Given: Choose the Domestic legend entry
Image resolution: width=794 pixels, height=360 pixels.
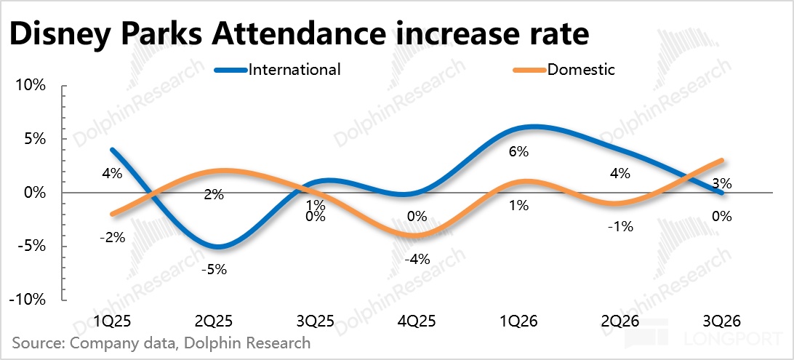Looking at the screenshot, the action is (x=564, y=69).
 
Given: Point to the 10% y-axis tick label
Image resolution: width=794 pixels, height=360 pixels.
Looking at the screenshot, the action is (x=33, y=85).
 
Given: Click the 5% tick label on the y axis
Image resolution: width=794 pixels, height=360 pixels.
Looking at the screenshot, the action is (x=36, y=139).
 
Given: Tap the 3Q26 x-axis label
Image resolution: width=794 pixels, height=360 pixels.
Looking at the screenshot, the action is (x=722, y=321).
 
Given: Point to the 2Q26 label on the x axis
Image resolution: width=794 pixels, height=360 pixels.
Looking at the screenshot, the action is (x=620, y=321).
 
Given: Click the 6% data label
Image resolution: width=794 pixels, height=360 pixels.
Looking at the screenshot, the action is (x=518, y=151).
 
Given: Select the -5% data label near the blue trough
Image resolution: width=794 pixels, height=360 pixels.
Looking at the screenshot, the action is (x=214, y=270).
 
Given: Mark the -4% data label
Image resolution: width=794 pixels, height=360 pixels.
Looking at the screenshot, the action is (x=417, y=260).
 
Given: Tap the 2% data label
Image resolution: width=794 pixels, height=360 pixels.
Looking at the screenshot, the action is (x=214, y=195).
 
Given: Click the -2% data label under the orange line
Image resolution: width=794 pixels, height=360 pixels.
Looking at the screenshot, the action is (x=112, y=237).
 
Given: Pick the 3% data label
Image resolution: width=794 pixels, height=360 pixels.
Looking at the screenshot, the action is (x=721, y=184).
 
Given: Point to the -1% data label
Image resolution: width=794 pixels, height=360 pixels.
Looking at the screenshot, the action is (x=620, y=227).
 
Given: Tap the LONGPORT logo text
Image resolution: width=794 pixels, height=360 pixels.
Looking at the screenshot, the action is (x=729, y=337).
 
